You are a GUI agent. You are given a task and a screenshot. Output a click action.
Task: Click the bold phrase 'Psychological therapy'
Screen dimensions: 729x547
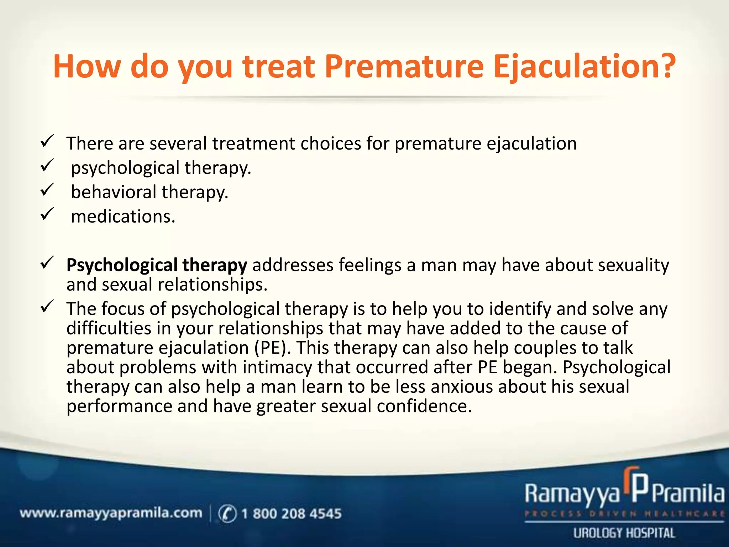(157, 266)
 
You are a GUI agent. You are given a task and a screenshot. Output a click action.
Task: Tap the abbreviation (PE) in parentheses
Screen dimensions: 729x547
(271, 348)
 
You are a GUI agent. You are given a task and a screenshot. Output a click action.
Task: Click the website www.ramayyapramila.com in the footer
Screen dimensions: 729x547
(111, 514)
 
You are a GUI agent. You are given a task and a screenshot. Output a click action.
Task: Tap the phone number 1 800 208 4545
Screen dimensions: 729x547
(291, 514)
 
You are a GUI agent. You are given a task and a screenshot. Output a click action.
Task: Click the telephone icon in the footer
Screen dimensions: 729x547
(227, 514)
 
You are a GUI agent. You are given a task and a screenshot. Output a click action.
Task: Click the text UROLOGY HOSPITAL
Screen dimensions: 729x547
(624, 533)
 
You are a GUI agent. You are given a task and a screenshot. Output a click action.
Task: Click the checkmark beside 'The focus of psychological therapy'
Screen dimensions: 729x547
(47, 306)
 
